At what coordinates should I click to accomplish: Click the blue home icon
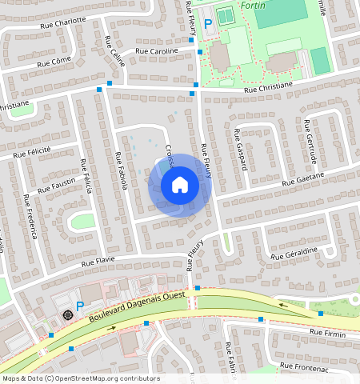[x=180, y=186]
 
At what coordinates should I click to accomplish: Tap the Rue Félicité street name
[x=31, y=150]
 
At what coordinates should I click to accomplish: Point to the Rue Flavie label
[x=98, y=260]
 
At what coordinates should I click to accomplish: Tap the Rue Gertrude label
[x=310, y=141]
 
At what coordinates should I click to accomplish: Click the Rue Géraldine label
[x=294, y=254]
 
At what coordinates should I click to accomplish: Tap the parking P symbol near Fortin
[x=208, y=25]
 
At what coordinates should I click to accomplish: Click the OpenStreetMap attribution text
[x=81, y=378]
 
